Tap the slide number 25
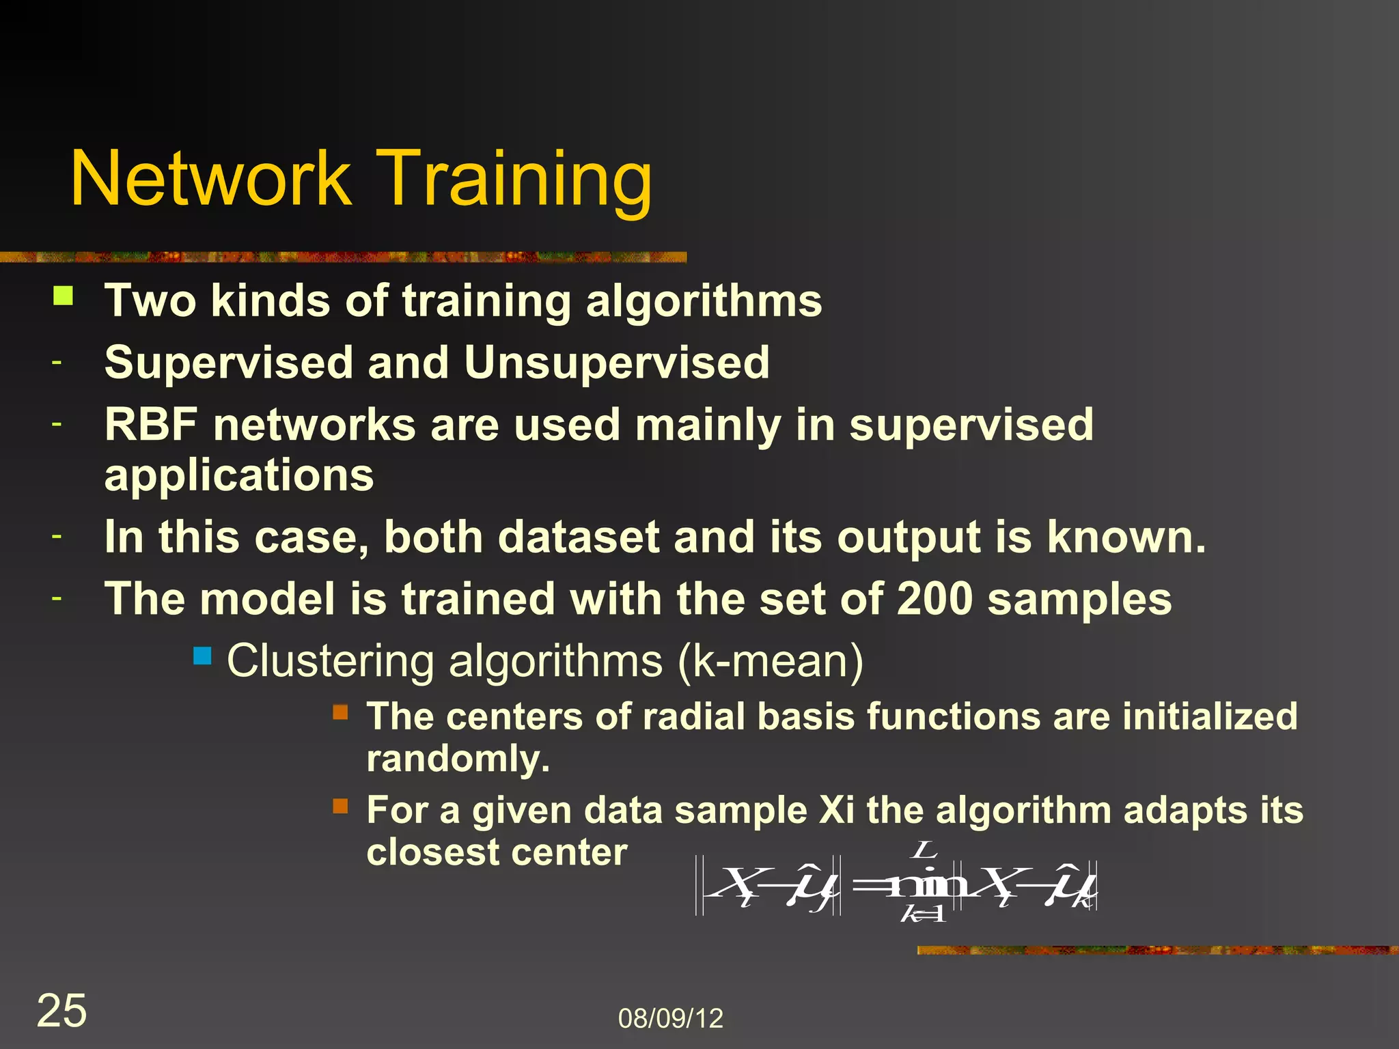tap(61, 1010)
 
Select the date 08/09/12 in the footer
tap(670, 1018)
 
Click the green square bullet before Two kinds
tap(64, 296)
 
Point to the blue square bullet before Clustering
tap(202, 656)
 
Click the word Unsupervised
tap(616, 362)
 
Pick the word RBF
tap(151, 425)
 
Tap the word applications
tap(239, 475)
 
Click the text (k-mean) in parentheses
tap(771, 661)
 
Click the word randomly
tap(457, 759)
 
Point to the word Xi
tap(836, 811)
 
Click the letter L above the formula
tap(924, 850)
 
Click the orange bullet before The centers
tap(340, 713)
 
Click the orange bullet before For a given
tap(340, 807)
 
